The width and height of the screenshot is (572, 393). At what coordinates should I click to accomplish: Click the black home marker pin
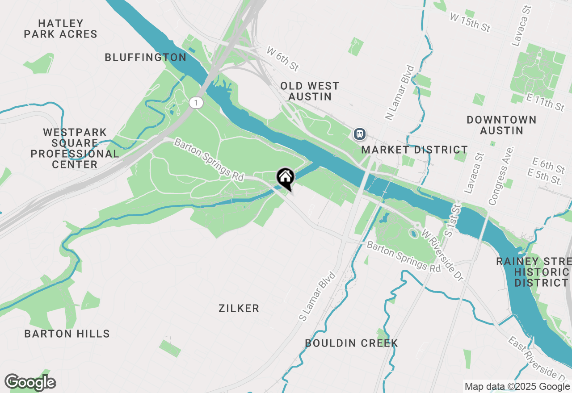(x=285, y=178)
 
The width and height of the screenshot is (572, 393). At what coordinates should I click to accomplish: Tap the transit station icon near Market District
(x=359, y=134)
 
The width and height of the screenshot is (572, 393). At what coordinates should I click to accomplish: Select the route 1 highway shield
(x=196, y=103)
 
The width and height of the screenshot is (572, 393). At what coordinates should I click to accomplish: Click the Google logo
(x=30, y=383)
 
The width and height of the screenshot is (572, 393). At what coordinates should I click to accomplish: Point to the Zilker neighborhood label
(x=239, y=308)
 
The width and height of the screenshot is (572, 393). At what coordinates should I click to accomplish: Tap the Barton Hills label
(x=67, y=334)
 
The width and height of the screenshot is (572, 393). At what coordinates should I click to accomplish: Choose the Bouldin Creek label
(x=351, y=343)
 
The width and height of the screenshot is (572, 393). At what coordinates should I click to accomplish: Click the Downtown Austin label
(x=501, y=125)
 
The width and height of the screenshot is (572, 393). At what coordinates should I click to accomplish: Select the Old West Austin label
(x=310, y=91)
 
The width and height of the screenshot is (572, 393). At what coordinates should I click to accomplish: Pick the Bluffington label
(x=146, y=57)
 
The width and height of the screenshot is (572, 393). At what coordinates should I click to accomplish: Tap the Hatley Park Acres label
(x=61, y=29)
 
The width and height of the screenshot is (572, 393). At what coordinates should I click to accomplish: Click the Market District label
(x=414, y=150)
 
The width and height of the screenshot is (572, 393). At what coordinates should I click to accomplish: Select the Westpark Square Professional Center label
(x=75, y=148)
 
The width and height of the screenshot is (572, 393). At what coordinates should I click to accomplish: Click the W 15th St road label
(x=470, y=22)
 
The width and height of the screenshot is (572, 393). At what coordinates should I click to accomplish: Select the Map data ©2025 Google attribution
(x=517, y=387)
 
